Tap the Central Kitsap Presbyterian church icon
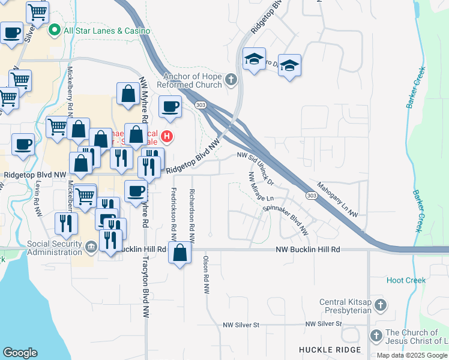(x=379, y=306)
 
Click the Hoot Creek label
(x=406, y=280)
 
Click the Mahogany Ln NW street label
(x=337, y=200)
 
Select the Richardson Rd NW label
(x=193, y=212)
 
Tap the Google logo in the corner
(x=20, y=353)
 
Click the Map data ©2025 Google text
(x=411, y=355)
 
